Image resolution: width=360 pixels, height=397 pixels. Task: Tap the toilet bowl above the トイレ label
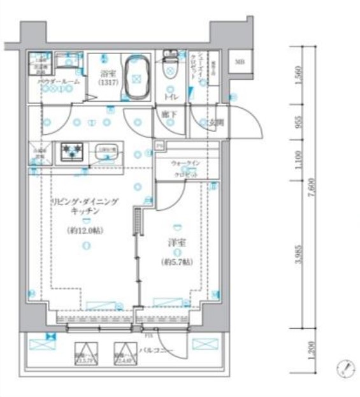171,67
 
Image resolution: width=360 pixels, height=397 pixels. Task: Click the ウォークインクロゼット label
187,168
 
